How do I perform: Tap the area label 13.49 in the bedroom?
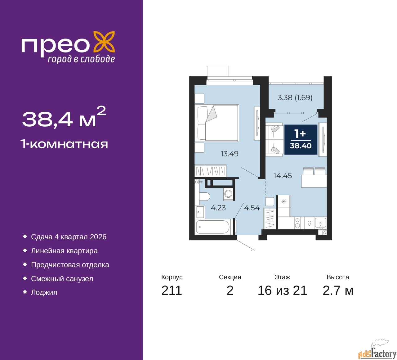tap(229, 154)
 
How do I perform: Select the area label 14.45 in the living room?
tap(282, 176)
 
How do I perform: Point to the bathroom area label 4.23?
tap(218, 208)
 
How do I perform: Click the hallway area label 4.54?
tap(252, 208)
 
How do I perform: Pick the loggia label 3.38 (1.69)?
tap(295, 97)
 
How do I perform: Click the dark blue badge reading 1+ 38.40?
tap(301, 139)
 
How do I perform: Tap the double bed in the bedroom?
tap(216, 123)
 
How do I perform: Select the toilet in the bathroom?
tap(205, 196)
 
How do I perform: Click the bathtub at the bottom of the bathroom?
tap(213, 227)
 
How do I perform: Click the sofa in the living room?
tap(274, 139)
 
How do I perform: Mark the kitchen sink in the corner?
tap(320, 223)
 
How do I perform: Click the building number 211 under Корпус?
tap(172, 290)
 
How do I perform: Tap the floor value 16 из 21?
tap(282, 290)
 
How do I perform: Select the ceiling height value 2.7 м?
tap(338, 290)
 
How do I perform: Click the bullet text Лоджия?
tap(44, 292)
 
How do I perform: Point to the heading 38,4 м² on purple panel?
tap(64, 118)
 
